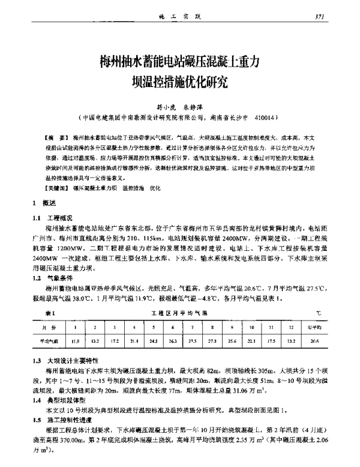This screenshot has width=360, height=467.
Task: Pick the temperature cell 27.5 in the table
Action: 192,341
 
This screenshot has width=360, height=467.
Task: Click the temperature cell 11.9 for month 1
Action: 75,341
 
